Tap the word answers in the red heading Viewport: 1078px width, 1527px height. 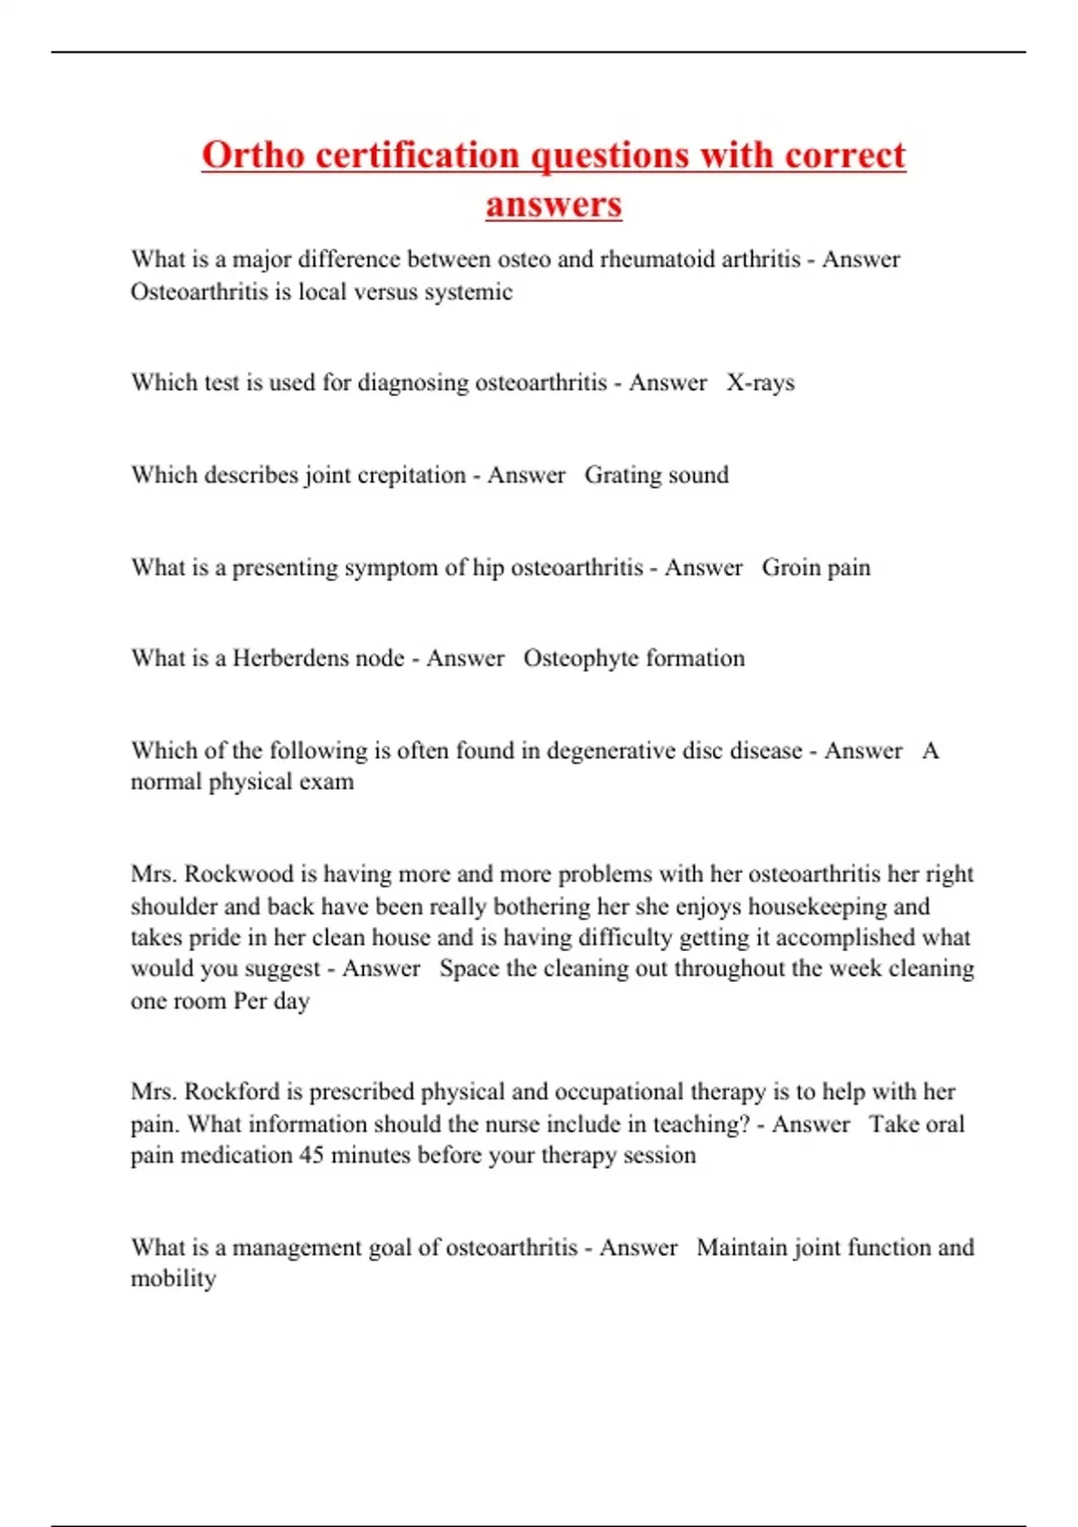[553, 204]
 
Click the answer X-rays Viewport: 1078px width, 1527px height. [760, 383]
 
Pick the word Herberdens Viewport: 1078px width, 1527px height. [318, 658]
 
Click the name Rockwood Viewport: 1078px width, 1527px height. [239, 874]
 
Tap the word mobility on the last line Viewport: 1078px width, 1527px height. [173, 1279]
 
